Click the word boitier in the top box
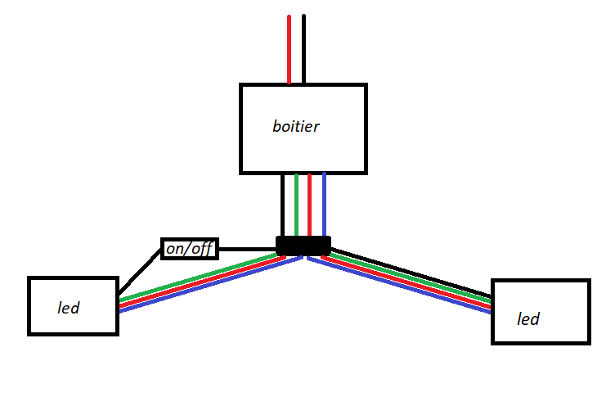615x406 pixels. tap(295, 127)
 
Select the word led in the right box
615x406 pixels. tap(528, 318)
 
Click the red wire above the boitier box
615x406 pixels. tap(290, 49)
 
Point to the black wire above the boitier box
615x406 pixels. tap(303, 49)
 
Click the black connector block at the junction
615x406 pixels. tap(303, 245)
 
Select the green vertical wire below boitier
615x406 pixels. tap(296, 205)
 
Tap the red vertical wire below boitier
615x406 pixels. tap(310, 205)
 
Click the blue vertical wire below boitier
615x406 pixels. tap(324, 205)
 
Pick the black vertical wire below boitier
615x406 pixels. tap(282, 205)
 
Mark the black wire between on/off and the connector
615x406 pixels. tap(248, 249)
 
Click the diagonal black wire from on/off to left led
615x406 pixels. tap(139, 273)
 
